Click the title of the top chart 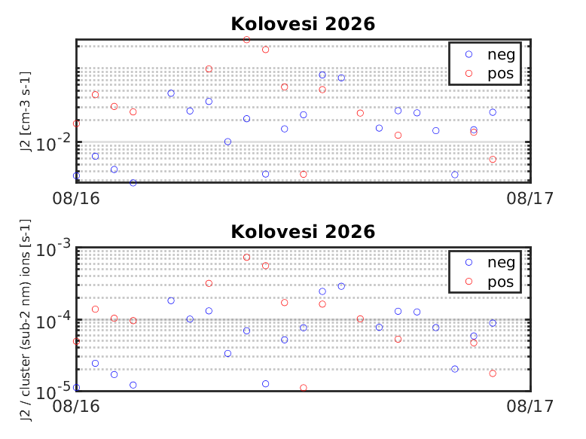pos(303,24)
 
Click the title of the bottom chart pos(303,232)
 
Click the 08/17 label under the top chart pos(530,198)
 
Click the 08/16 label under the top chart pos(76,198)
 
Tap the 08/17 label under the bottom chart pos(530,406)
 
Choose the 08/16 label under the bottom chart pos(76,406)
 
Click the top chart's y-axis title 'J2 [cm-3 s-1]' pos(26,111)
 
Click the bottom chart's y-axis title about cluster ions pos(26,320)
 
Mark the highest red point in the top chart pos(246,40)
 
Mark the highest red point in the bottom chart pos(246,258)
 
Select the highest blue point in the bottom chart pos(341,286)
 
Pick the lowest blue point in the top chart pos(133,183)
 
